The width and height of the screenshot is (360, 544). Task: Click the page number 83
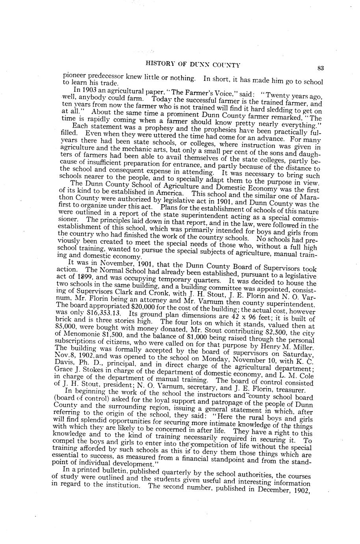pos(321,68)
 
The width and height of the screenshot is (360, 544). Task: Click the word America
pos(171,194)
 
